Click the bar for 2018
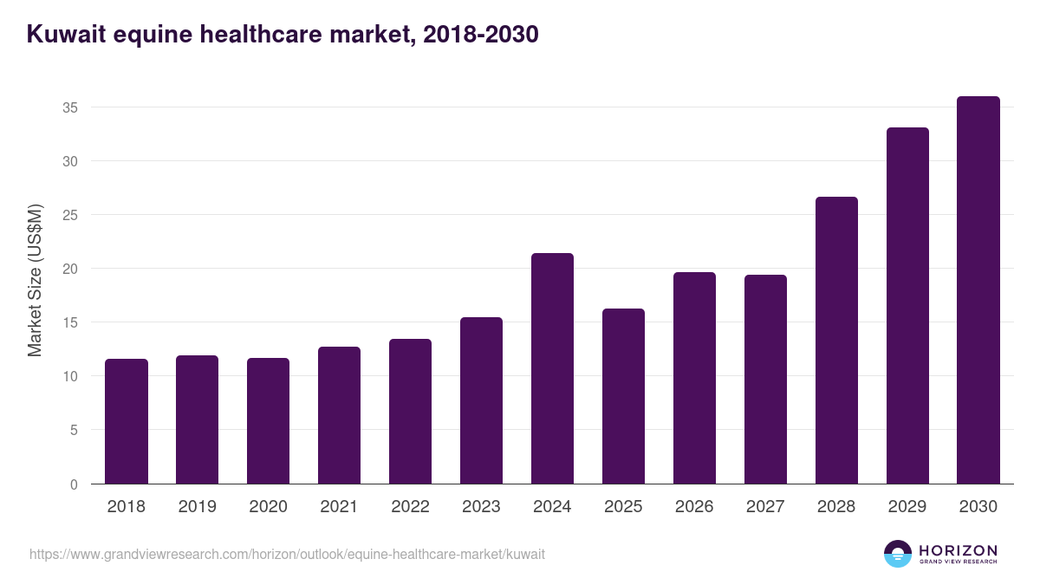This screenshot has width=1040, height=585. (127, 421)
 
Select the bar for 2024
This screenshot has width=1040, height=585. (552, 368)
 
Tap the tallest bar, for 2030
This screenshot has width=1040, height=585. (978, 290)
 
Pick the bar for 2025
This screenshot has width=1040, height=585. (623, 396)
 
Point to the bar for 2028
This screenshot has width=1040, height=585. (836, 340)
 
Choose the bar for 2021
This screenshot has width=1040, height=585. (339, 415)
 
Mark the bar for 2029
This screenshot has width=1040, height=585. (907, 306)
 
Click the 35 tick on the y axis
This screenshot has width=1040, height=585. (70, 107)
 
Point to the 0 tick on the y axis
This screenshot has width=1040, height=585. (75, 484)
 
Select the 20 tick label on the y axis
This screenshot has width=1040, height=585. (70, 269)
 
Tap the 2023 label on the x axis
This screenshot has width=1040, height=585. (481, 507)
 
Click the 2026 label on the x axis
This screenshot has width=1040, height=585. (694, 507)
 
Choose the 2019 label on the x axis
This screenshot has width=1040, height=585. (198, 507)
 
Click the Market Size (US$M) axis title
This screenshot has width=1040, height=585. (35, 280)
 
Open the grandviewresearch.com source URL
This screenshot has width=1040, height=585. (287, 554)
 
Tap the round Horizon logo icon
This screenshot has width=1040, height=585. (898, 554)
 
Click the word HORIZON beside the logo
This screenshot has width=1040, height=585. (958, 550)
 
